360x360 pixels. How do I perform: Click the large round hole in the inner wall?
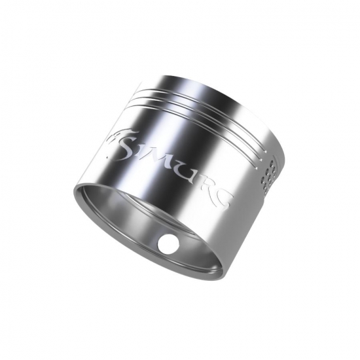168,244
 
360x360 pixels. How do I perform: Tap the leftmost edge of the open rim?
74,190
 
